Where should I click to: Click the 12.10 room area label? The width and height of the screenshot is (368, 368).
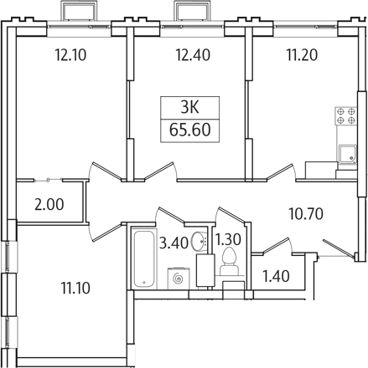pyautogui.click(x=70, y=54)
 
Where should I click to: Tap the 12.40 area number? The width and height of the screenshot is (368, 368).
pyautogui.click(x=193, y=54)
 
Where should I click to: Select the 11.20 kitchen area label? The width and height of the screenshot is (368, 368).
pyautogui.click(x=302, y=54)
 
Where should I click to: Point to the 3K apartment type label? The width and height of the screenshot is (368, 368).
pyautogui.click(x=189, y=107)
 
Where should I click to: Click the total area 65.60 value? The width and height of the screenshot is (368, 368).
pyautogui.click(x=189, y=130)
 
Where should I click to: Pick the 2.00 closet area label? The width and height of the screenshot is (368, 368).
pyautogui.click(x=49, y=204)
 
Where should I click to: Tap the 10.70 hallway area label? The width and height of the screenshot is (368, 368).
pyautogui.click(x=306, y=214)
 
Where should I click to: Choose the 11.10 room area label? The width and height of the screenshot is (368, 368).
pyautogui.click(x=75, y=288)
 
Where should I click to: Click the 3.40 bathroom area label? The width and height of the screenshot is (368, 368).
pyautogui.click(x=174, y=243)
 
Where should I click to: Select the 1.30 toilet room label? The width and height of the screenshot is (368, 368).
pyautogui.click(x=229, y=240)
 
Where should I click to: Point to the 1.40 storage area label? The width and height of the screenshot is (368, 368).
pyautogui.click(x=276, y=276)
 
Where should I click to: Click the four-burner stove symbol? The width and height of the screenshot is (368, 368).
pyautogui.click(x=346, y=115)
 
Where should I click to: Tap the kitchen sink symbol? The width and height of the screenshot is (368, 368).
pyautogui.click(x=348, y=154)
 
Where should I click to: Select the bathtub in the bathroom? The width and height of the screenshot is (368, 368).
pyautogui.click(x=143, y=258)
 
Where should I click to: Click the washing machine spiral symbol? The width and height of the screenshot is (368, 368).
pyautogui.click(x=179, y=279)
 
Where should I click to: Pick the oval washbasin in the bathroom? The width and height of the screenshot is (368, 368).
pyautogui.click(x=199, y=241)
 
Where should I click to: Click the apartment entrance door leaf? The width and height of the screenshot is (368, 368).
pyautogui.click(x=338, y=248)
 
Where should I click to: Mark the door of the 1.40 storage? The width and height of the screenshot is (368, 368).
pyautogui.click(x=276, y=245)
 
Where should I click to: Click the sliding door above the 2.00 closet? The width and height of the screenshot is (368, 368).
pyautogui.click(x=48, y=181)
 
